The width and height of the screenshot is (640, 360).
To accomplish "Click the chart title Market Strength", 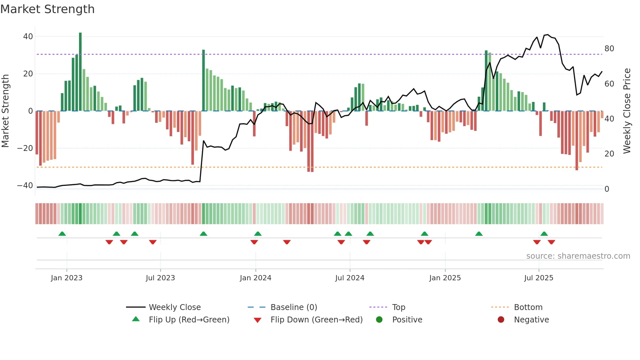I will coord(47,9).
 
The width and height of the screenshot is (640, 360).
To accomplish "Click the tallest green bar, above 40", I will coord(80,72).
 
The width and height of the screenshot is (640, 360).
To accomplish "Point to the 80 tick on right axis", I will coord(609,49).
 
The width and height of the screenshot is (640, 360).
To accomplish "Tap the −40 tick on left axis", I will coord(25,186).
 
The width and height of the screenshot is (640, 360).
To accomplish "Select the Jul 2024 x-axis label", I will coord(349,278).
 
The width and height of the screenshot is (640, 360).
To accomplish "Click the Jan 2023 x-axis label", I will coord(67,278).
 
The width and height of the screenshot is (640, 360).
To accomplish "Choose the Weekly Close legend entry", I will coord(175,307).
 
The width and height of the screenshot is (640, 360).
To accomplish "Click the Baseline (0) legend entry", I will coord(294,307).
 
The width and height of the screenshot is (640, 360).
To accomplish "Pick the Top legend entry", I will coord(398,307).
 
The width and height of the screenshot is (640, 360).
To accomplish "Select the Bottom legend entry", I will coord(528,307).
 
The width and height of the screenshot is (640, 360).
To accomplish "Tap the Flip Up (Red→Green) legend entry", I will coord(189,320).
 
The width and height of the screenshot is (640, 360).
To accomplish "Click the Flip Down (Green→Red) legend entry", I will coord(316,320).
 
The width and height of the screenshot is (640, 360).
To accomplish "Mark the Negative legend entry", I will coord(531,320).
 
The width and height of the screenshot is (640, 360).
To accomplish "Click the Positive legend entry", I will coord(407,320).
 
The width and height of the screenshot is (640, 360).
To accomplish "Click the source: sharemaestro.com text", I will coord(578,256).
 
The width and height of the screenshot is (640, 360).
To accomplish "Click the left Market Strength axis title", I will coord(5,111).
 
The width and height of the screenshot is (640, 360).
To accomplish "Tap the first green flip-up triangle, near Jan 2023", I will coord(62,234).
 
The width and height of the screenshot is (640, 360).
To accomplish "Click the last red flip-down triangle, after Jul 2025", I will coord(552,242).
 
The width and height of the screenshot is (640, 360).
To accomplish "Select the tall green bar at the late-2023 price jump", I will coord(203,80).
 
